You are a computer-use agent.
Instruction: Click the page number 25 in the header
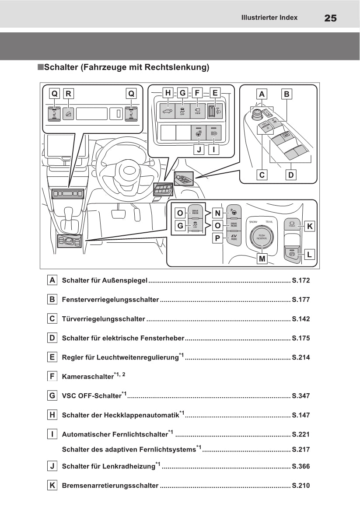[x=330, y=18]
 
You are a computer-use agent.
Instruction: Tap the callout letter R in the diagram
[x=68, y=93]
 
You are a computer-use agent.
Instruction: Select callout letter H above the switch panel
[x=168, y=93]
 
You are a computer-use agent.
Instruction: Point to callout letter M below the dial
[x=262, y=259]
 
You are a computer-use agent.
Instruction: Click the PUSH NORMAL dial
[x=262, y=237]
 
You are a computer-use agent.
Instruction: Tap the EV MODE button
[x=234, y=238]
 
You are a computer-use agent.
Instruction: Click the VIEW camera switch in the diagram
[x=197, y=110]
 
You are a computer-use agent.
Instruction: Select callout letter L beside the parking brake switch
[x=309, y=254]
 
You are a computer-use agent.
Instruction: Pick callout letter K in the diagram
[x=309, y=226]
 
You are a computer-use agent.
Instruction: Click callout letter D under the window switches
[x=291, y=175]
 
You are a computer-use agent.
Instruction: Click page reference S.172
[x=301, y=280]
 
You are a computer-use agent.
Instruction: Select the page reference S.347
[x=301, y=396]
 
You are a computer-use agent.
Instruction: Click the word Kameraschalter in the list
[x=87, y=376]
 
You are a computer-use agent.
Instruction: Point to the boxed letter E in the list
[x=52, y=357]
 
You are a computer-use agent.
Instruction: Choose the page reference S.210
[x=301, y=486]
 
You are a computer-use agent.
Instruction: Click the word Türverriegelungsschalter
[x=103, y=319]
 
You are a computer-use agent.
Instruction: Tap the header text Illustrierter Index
[x=269, y=17]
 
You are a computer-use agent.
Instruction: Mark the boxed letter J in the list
[x=52, y=466]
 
